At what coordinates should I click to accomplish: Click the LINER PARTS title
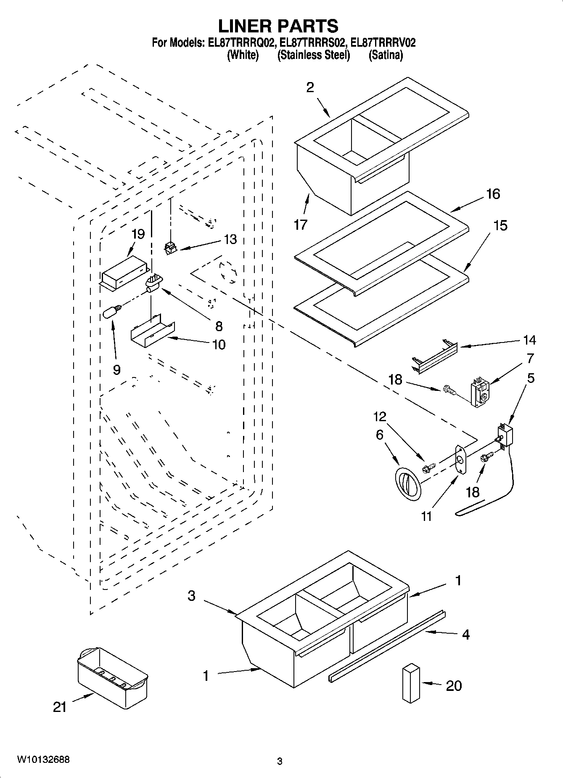(278, 26)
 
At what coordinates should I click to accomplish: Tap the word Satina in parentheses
(386, 55)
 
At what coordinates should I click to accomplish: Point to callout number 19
(138, 234)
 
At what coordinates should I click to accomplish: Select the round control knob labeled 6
(407, 483)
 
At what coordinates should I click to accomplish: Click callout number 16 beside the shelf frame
(493, 194)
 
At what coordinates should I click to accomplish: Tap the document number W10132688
(43, 759)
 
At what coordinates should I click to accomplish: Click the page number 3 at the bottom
(280, 761)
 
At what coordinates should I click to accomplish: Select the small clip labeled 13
(170, 249)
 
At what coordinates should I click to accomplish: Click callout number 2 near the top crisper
(310, 88)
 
